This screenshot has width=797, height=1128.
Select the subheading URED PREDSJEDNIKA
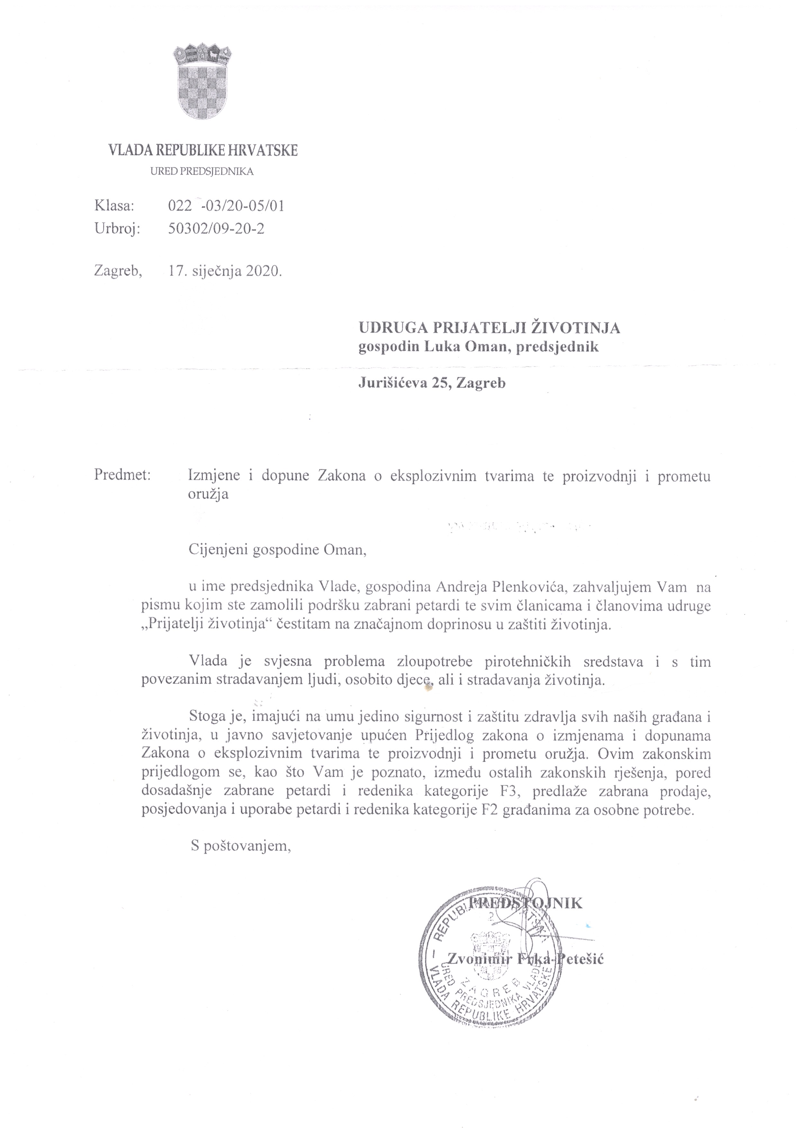202,172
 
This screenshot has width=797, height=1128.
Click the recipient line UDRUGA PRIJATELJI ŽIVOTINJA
489,327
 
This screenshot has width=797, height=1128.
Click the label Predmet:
122,476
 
